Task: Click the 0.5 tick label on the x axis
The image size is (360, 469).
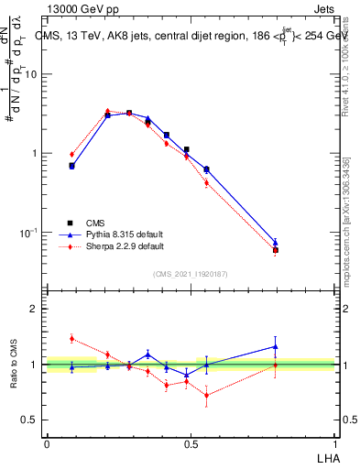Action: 191,442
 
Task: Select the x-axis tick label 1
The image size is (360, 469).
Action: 335,442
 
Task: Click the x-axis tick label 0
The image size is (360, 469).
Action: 47,442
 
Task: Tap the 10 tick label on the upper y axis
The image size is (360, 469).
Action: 31,75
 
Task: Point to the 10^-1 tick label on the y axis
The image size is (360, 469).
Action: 29,233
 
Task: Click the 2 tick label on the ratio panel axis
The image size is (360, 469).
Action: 35,310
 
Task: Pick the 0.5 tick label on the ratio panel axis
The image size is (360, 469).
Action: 30,420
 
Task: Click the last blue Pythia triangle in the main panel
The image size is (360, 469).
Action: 276,243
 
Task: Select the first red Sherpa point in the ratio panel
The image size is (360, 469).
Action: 71,339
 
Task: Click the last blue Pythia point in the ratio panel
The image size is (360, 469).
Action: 276,346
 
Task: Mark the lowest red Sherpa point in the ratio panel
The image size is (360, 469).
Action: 207,396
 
